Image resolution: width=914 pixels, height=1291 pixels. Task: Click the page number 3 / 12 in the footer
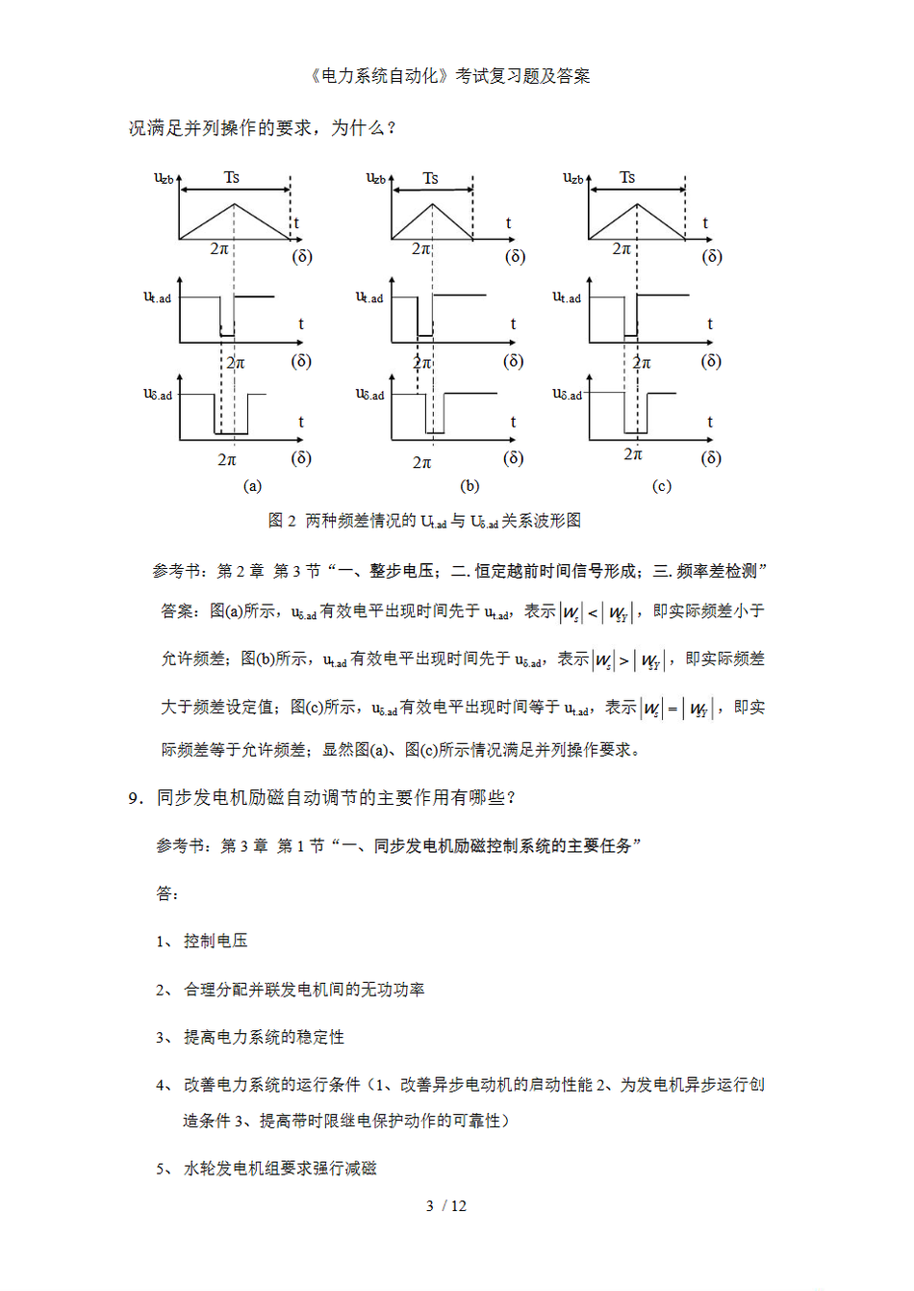tap(445, 1206)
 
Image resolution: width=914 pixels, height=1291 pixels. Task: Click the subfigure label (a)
tap(252, 486)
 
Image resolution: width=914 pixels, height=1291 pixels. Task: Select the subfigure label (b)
tap(470, 486)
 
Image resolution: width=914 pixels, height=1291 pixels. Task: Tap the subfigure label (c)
tap(662, 486)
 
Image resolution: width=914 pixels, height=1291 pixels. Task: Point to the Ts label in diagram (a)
tap(232, 177)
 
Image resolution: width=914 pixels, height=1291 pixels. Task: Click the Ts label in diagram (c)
tap(627, 177)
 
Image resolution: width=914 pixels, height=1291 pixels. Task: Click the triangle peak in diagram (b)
tap(432, 203)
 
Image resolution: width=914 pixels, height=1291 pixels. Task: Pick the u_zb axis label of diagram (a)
tap(164, 177)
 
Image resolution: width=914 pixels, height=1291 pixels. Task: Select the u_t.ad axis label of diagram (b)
tap(369, 297)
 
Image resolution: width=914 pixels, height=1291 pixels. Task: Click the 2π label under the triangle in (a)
tap(219, 248)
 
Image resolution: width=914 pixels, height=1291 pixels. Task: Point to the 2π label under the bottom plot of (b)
tap(421, 463)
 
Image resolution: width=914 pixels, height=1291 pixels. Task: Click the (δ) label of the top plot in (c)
tap(712, 256)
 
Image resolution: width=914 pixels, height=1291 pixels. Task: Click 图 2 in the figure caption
tap(282, 521)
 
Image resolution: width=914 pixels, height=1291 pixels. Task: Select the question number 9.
tap(135, 798)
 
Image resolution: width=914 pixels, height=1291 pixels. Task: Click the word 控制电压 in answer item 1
tap(216, 942)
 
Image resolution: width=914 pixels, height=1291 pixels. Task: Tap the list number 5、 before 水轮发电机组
tap(165, 1169)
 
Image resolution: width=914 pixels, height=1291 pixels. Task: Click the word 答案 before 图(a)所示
tap(179, 611)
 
